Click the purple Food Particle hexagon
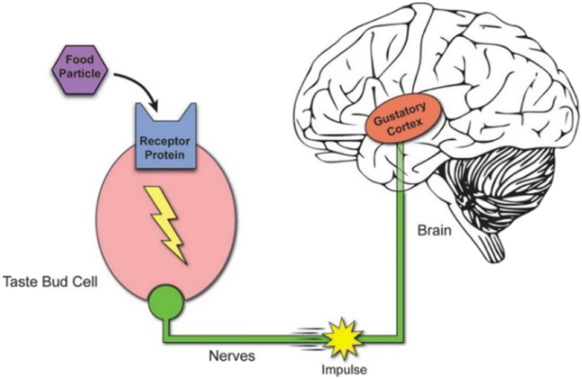point(80,70)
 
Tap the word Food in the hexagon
point(80,59)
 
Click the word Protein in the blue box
point(164,154)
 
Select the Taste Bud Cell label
point(50,282)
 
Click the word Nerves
point(232,356)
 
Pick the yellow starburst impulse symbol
point(343,338)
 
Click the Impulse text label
point(344,369)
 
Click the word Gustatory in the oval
point(400,114)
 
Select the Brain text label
point(435,230)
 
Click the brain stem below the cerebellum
point(490,244)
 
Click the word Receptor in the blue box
point(165,141)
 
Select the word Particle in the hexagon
point(80,73)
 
